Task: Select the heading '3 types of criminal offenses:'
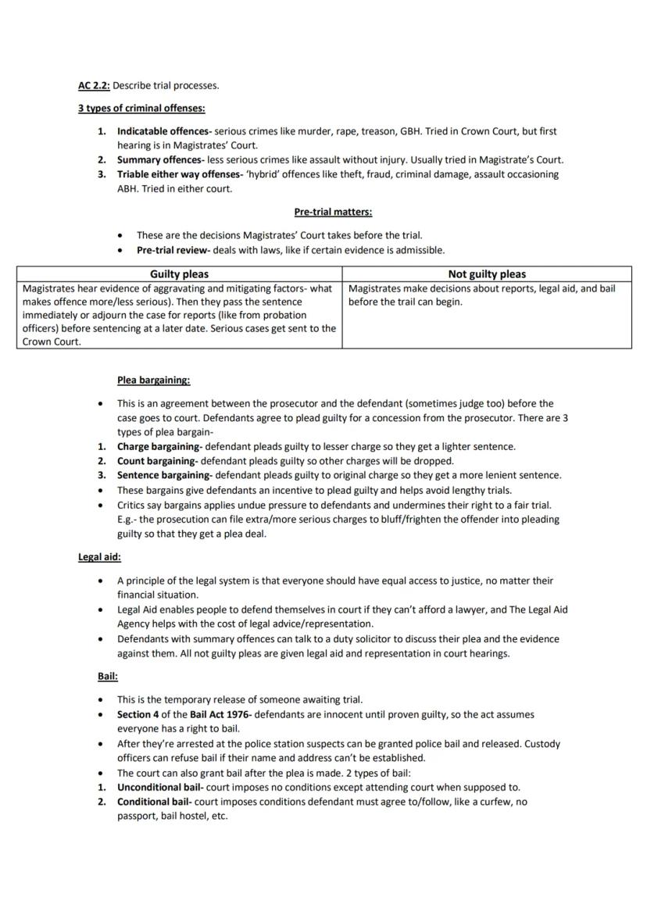tap(141, 108)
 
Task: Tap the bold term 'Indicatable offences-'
tap(164, 131)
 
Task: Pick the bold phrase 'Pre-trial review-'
tap(177, 250)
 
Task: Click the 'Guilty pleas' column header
tap(179, 274)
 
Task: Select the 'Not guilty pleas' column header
tap(487, 274)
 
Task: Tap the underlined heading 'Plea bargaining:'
tap(154, 381)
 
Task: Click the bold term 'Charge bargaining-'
tap(159, 446)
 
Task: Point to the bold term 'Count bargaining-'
tap(158, 461)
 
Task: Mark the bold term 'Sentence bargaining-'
tap(164, 475)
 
